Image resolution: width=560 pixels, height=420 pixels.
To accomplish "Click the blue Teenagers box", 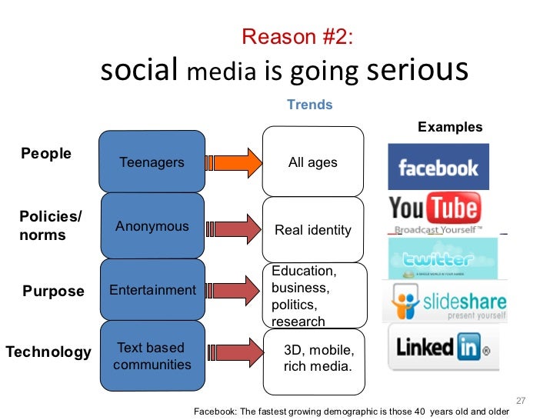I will (152, 162).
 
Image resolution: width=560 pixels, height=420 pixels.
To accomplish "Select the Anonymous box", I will (152, 226).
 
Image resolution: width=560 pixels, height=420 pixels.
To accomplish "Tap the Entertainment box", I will (152, 290).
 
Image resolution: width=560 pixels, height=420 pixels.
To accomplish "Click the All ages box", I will (312, 162).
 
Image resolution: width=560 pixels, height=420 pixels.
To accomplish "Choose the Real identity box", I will (312, 229).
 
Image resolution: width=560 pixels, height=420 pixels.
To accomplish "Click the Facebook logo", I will (438, 167).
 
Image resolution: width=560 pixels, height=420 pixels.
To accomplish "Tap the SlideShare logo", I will (444, 302).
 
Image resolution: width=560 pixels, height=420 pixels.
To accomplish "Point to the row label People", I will (46, 154).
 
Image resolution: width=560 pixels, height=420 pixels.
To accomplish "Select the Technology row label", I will (48, 352).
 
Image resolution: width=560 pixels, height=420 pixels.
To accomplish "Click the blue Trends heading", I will (309, 105).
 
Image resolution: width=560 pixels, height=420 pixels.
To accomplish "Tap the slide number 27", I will (520, 401).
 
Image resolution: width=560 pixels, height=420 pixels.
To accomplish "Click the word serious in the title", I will (417, 71).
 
